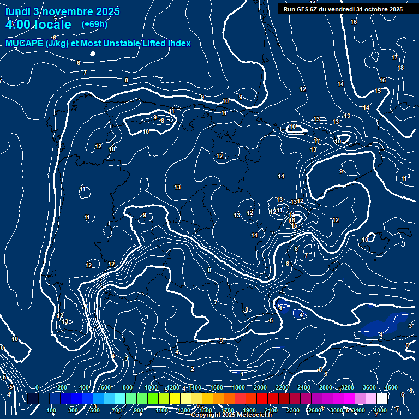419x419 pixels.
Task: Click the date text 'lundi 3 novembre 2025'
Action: tap(63, 11)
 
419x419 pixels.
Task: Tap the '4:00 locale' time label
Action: tap(38, 25)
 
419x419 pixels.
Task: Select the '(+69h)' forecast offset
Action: tap(94, 25)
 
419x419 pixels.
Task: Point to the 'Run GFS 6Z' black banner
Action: tap(343, 9)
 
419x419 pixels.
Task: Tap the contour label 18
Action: tap(400, 68)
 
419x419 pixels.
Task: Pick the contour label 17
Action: tap(394, 57)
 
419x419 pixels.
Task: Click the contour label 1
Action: tap(242, 374)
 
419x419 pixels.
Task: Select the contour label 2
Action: tap(193, 369)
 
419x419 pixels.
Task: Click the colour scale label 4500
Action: tap(391, 387)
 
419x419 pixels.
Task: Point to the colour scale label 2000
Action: tap(260, 387)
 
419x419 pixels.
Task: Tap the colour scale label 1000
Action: tap(151, 387)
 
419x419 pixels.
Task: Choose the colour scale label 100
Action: tap(52, 410)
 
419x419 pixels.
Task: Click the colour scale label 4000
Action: tap(380, 410)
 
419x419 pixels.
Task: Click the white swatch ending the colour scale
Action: tap(397, 399)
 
